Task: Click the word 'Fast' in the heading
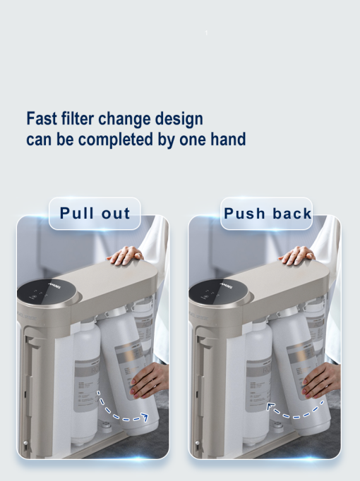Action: click(x=41, y=118)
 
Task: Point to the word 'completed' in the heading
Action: click(x=116, y=139)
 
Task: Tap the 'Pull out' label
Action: click(x=95, y=214)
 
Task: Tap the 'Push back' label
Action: click(x=267, y=214)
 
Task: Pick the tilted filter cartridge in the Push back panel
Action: click(x=301, y=367)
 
